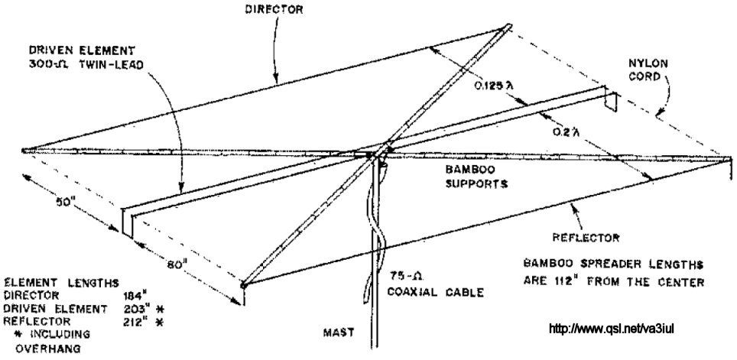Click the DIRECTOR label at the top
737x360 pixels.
[x=274, y=9]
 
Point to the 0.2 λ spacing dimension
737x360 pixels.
[x=566, y=131]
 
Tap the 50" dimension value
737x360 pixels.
[x=66, y=202]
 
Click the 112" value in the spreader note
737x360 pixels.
[x=567, y=282]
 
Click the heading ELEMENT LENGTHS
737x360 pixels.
[x=62, y=283]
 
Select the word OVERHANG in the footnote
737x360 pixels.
[x=48, y=349]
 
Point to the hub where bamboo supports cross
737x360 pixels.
[x=378, y=153]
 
